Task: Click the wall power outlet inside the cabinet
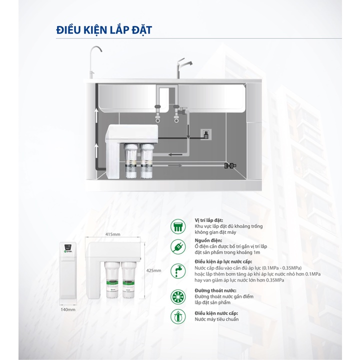[205, 134]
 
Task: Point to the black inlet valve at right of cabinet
[231, 164]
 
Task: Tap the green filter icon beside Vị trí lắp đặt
[178, 225]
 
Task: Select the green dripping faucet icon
[178, 270]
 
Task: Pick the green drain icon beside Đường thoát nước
[178, 294]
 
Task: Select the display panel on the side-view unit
[68, 247]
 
